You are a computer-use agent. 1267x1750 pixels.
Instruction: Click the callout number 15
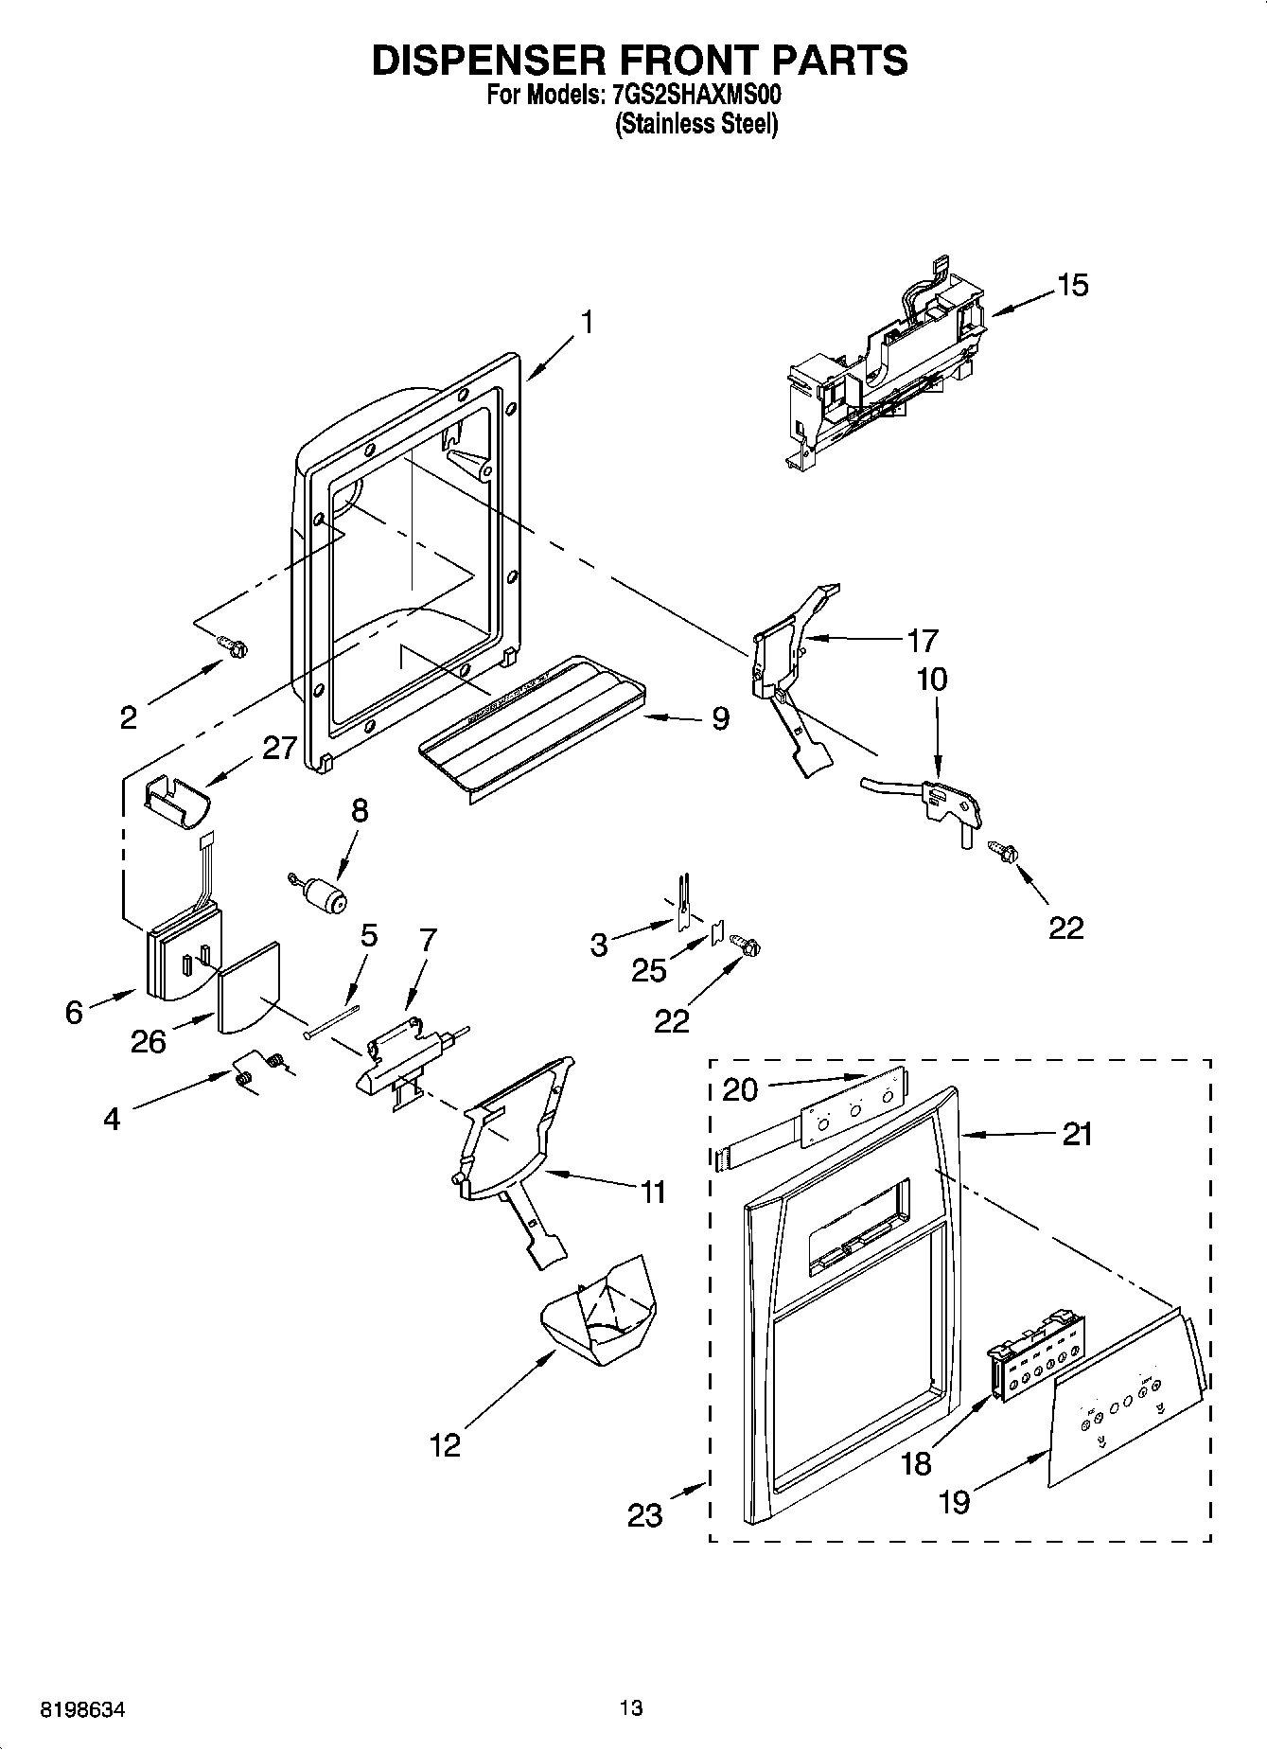click(1072, 285)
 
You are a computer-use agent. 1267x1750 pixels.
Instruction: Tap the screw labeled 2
click(233, 645)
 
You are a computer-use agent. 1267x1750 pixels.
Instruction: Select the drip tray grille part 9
click(530, 717)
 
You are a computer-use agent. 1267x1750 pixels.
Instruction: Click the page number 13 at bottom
click(631, 1708)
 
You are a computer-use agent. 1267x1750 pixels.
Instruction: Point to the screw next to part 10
click(1001, 850)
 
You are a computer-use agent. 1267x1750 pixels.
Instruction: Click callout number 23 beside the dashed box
click(645, 1515)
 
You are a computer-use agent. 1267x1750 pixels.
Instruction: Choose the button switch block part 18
click(1036, 1355)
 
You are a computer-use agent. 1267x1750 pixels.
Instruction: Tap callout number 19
click(955, 1501)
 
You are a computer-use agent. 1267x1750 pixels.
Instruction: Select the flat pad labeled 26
click(248, 987)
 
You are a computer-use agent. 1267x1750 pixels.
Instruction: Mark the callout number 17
click(922, 641)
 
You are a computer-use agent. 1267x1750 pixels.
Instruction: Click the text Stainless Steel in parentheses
click(696, 124)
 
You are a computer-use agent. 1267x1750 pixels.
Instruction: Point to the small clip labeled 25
click(716, 935)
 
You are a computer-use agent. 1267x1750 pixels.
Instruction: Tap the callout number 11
click(653, 1192)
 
